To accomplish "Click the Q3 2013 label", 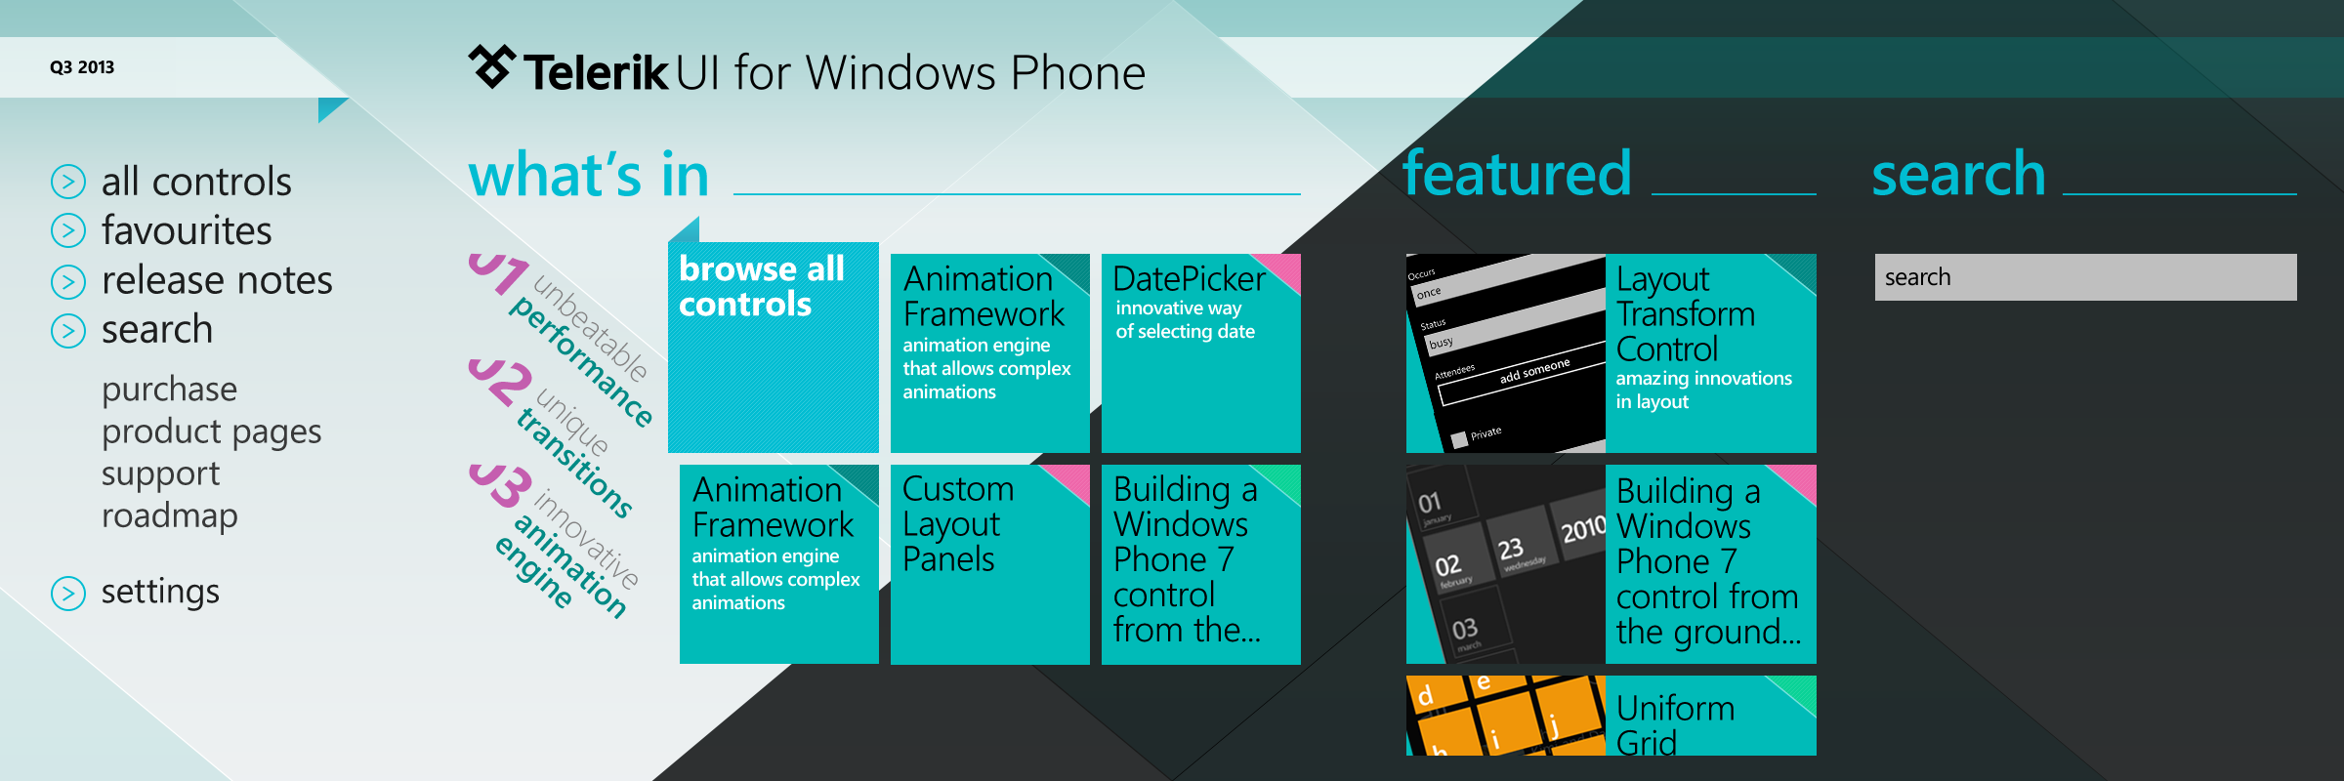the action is click(x=82, y=67).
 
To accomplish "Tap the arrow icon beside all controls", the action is click(x=68, y=182).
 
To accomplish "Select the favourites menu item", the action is click(x=187, y=231).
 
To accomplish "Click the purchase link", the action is click(x=169, y=389).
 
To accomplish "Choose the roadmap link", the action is click(x=169, y=514).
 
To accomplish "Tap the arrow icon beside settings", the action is click(x=68, y=593).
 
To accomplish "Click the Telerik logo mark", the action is click(x=491, y=66).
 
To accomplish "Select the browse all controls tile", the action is click(x=774, y=347).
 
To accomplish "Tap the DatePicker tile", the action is click(x=1201, y=353).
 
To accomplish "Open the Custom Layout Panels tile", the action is click(x=990, y=564).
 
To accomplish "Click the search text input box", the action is click(x=2085, y=277).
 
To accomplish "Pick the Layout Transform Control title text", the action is click(x=1686, y=314).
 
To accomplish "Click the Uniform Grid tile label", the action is click(x=1676, y=724).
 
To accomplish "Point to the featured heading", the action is click(x=1517, y=174).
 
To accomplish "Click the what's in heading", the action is click(x=589, y=176).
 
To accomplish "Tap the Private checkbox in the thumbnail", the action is click(x=1459, y=440).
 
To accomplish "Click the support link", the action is click(x=160, y=473).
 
